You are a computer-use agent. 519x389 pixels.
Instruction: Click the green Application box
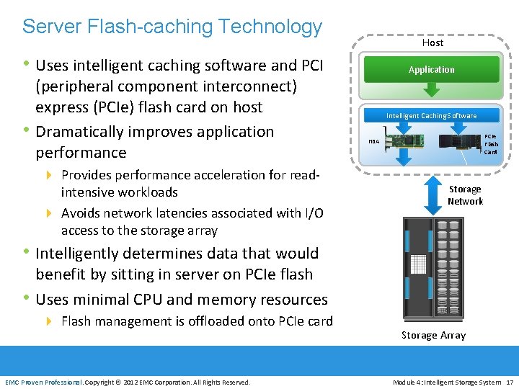click(x=431, y=69)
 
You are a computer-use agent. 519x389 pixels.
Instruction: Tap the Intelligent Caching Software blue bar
click(x=431, y=115)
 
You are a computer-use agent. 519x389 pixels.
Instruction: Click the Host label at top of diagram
click(x=432, y=43)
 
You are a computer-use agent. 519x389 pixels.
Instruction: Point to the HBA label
click(x=373, y=142)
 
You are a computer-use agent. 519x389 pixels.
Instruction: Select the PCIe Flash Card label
click(x=490, y=144)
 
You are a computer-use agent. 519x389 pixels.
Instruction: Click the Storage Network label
click(x=465, y=195)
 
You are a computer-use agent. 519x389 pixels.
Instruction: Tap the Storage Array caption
click(x=433, y=335)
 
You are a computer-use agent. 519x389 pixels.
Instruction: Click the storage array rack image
click(x=432, y=267)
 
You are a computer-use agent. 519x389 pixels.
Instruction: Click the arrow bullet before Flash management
click(x=49, y=321)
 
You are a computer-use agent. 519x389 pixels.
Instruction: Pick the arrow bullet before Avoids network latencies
click(x=49, y=213)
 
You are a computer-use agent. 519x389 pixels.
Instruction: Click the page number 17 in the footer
click(x=510, y=382)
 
